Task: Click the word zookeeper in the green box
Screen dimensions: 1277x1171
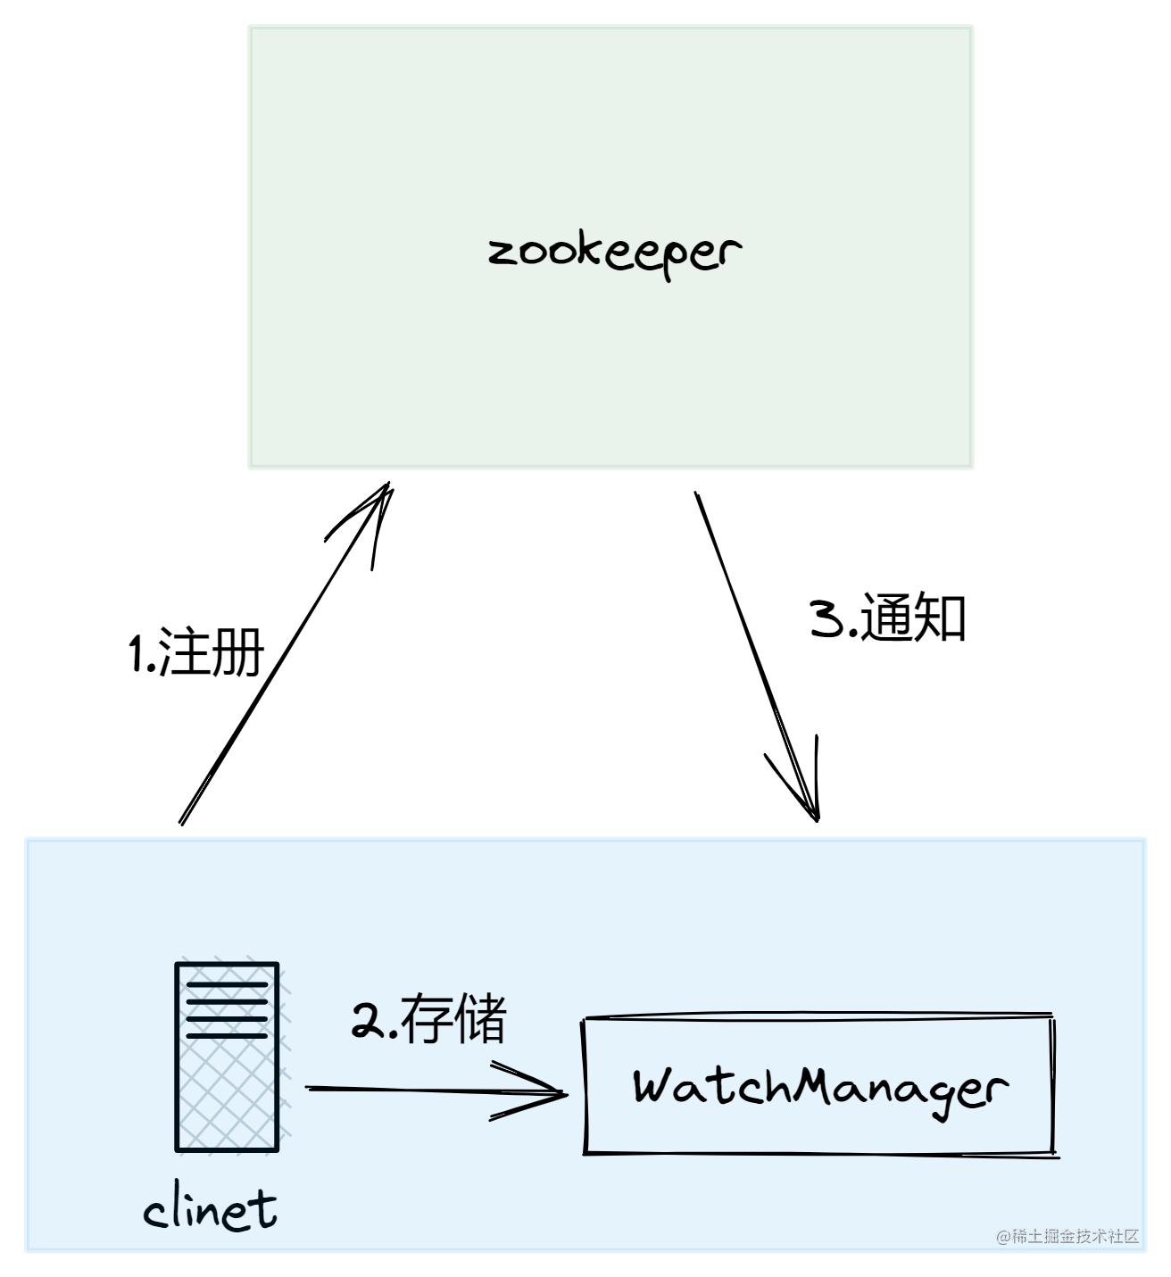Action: click(x=615, y=253)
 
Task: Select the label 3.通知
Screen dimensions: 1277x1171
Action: click(x=888, y=618)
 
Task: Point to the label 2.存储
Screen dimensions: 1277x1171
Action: click(x=429, y=1019)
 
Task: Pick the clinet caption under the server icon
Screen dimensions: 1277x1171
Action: click(x=211, y=1210)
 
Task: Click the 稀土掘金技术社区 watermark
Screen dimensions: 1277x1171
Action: click(x=1067, y=1236)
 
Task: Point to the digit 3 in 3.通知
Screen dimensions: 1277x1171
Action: click(x=826, y=618)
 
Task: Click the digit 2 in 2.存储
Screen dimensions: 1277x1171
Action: click(x=367, y=1020)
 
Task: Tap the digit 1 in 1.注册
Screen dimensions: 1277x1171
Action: click(x=137, y=654)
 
